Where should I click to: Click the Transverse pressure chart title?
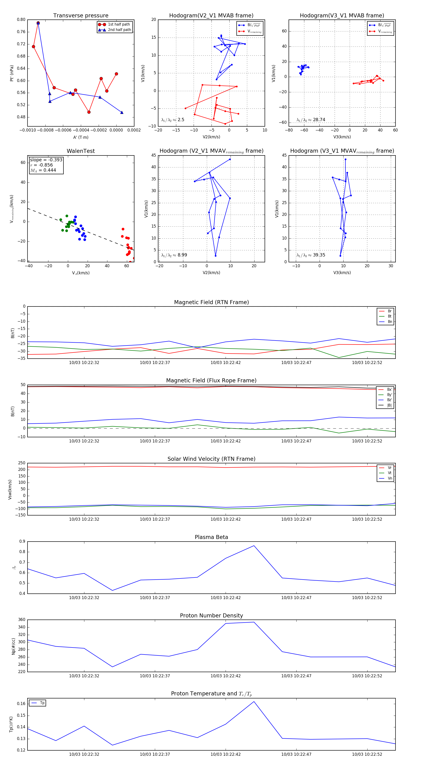(x=81, y=16)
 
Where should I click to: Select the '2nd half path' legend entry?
(x=119, y=30)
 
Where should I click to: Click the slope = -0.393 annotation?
(x=46, y=160)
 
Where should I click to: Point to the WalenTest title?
(x=81, y=151)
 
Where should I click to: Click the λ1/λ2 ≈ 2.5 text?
(x=172, y=120)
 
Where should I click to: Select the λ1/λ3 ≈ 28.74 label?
(x=311, y=120)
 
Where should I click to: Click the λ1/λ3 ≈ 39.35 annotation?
(x=311, y=255)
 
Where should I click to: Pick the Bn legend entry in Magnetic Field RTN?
(x=390, y=322)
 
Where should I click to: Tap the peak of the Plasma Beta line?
(x=254, y=546)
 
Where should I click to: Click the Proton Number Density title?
(x=211, y=616)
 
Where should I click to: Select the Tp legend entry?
(x=42, y=703)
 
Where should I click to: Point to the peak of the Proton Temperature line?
(x=254, y=701)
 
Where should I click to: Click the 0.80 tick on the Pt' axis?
(x=21, y=19)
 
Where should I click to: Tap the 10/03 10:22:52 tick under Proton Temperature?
(x=367, y=754)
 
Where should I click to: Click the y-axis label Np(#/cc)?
(x=13, y=646)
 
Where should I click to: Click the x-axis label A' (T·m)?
(x=81, y=137)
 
